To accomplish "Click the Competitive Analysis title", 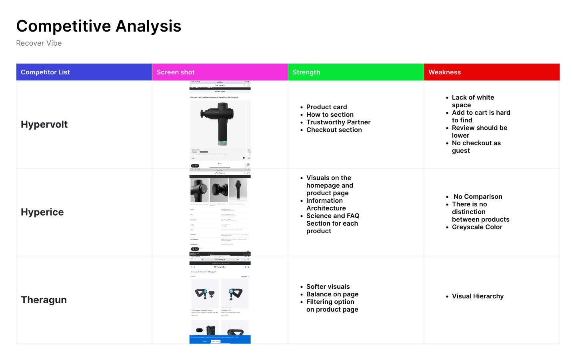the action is (x=99, y=26).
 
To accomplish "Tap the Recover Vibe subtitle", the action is (x=39, y=43).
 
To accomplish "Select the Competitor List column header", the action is (x=45, y=72).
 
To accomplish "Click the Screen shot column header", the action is (x=176, y=72).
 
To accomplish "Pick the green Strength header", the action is (x=306, y=72).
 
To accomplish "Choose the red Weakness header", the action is (x=444, y=72).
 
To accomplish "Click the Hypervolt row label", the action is (x=44, y=124).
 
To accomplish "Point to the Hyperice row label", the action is (x=42, y=212).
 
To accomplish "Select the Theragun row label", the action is (x=44, y=300).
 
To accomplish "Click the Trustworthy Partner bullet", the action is (x=338, y=122).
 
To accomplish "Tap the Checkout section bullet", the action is (x=334, y=130).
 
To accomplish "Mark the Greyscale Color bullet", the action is (x=477, y=227).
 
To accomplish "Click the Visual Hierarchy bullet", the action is (x=478, y=296).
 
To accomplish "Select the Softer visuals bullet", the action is (x=328, y=287).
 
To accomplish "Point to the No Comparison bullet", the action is (x=478, y=197).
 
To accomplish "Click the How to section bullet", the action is (x=330, y=115).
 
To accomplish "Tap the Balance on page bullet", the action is (x=332, y=294).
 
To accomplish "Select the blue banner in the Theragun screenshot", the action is (x=220, y=339).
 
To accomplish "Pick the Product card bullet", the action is (x=326, y=107).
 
